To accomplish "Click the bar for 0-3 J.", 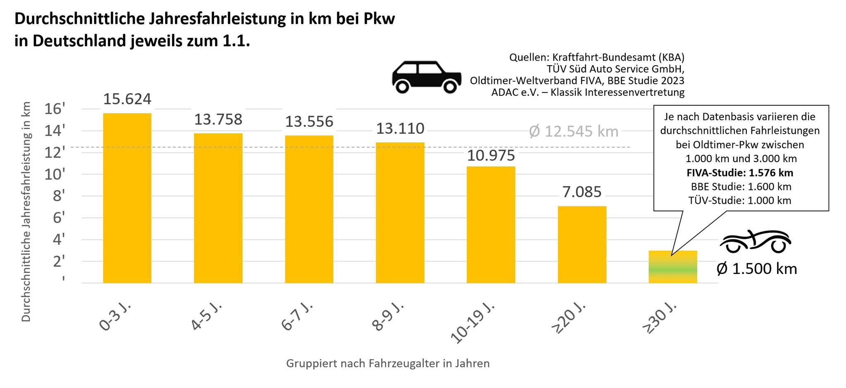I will click(x=127, y=198).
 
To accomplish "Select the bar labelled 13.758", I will click(x=218, y=208).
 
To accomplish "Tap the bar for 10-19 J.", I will click(x=491, y=225).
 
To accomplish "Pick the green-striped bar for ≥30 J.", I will click(x=673, y=267).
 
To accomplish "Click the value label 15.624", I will click(x=127, y=99).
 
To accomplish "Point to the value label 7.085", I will click(x=582, y=192).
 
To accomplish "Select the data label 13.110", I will click(x=400, y=129).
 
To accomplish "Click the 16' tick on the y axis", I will click(x=55, y=109).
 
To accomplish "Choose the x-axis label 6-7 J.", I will click(x=297, y=317).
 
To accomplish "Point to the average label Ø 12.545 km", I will click(x=573, y=132).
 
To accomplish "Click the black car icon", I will click(x=426, y=77).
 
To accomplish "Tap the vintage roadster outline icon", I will click(x=756, y=241).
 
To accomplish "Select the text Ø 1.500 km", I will click(x=756, y=269).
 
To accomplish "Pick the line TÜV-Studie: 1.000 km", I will click(x=739, y=201).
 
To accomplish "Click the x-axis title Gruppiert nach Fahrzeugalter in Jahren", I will click(x=387, y=364).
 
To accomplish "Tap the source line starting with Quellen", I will click(x=596, y=57).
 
